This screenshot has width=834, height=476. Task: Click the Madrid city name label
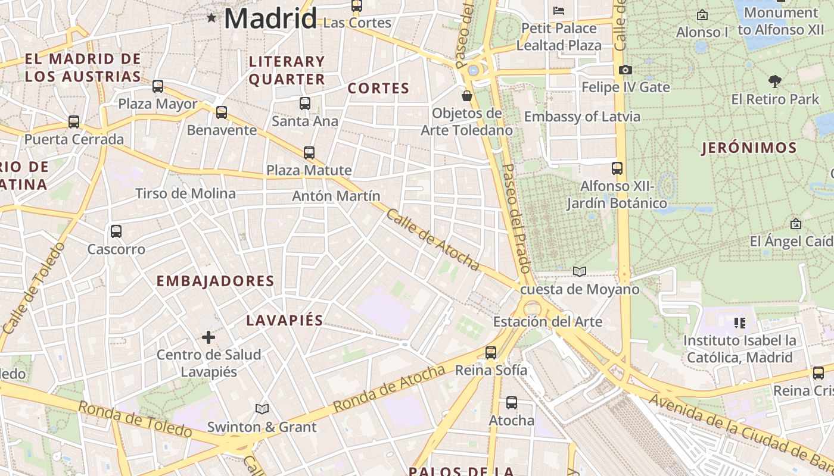point(270,18)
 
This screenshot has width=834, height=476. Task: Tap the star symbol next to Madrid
point(211,18)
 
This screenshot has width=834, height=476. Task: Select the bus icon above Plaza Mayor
point(158,86)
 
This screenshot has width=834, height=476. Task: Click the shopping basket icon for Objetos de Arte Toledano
point(467,96)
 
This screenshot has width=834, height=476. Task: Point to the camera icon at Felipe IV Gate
point(625,70)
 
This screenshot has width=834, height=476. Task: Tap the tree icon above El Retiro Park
point(774,81)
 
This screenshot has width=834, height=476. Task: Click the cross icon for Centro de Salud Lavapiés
point(208,338)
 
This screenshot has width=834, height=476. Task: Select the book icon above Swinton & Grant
point(262,409)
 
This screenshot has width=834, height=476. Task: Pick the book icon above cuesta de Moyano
point(579,271)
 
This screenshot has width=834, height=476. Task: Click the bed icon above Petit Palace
point(558,10)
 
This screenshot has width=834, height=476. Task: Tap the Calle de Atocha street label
point(432,240)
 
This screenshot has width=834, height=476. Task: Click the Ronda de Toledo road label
point(135,419)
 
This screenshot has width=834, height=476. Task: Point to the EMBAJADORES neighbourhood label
point(215,281)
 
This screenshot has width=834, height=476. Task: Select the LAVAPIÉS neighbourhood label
point(285,320)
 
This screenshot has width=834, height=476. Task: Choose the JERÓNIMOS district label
point(749,148)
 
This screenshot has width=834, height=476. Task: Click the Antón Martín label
point(336,196)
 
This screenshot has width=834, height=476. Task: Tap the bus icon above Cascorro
point(116,231)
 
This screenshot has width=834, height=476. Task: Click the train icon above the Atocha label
point(512,403)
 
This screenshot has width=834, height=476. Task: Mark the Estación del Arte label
point(547,322)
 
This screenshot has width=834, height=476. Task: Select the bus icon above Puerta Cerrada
point(74,121)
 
